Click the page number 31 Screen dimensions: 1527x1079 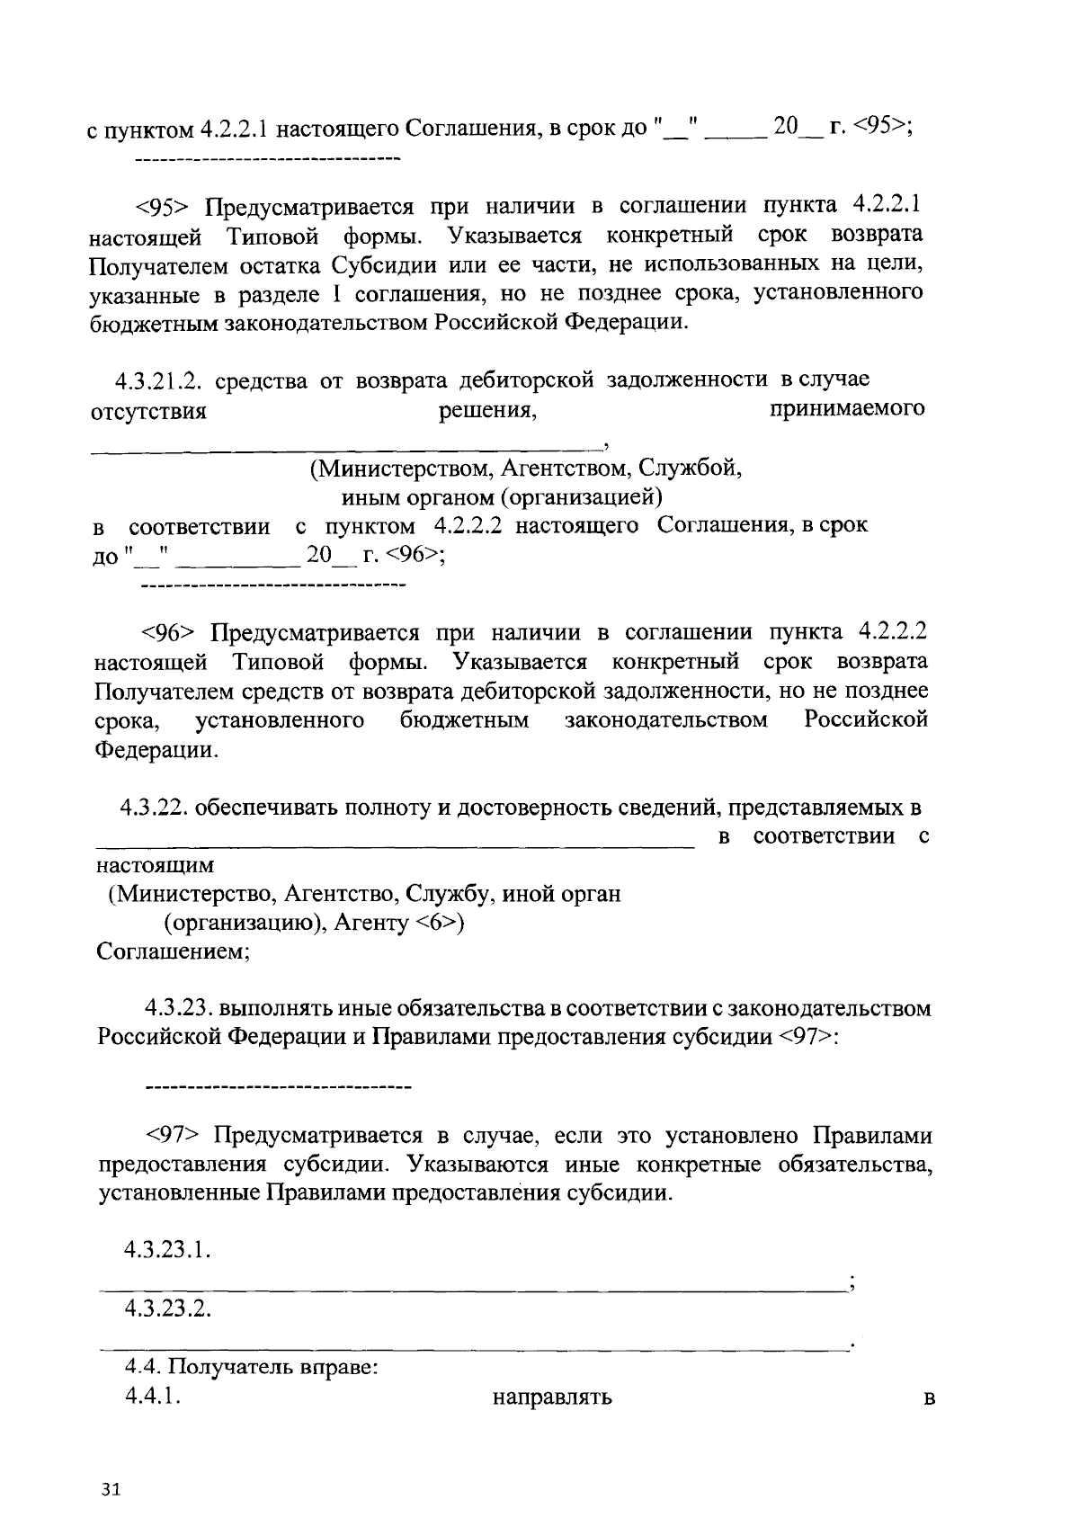pos(111,1489)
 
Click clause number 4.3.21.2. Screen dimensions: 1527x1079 pos(159,381)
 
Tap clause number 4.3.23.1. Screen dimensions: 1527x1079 pos(168,1250)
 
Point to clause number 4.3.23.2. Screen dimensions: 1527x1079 pos(168,1308)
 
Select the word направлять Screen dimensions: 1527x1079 pos(552,1398)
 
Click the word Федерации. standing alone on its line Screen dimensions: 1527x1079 pos(156,749)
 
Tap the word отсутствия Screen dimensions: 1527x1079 pos(149,413)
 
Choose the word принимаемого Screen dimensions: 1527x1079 pos(847,409)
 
